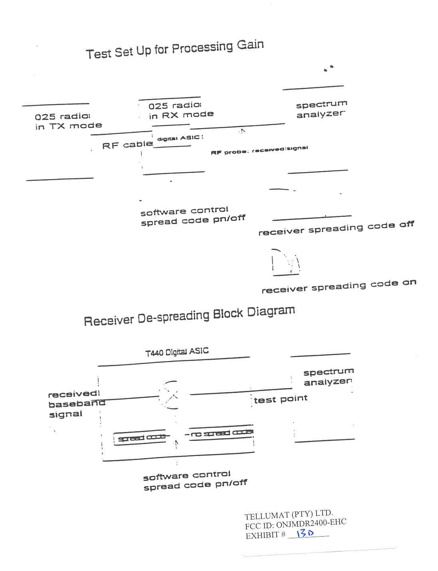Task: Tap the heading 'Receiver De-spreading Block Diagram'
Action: click(189, 316)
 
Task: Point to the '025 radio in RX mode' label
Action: click(181, 111)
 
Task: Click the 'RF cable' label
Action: click(127, 145)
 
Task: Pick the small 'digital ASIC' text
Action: click(180, 138)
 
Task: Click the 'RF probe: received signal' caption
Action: click(259, 151)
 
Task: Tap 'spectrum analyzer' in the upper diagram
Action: click(321, 109)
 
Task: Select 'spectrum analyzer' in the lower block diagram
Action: click(328, 377)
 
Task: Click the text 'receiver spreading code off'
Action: click(336, 228)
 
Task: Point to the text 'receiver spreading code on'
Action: click(339, 286)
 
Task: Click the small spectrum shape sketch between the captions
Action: click(285, 262)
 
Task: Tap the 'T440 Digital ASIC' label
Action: click(177, 352)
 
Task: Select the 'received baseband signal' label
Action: click(76, 404)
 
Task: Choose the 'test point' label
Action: click(281, 399)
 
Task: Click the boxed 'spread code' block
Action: click(142, 438)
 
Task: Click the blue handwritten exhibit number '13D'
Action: click(305, 533)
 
